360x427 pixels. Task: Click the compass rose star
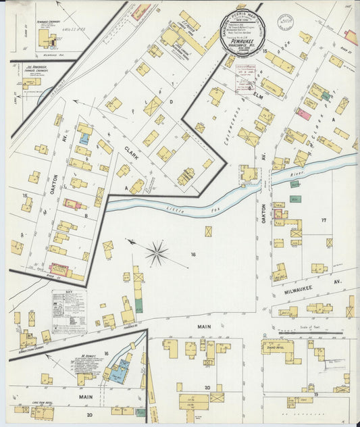click(157, 253)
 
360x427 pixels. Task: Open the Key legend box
click(68, 310)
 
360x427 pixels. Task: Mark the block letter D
click(171, 103)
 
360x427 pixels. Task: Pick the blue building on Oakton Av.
click(84, 139)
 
